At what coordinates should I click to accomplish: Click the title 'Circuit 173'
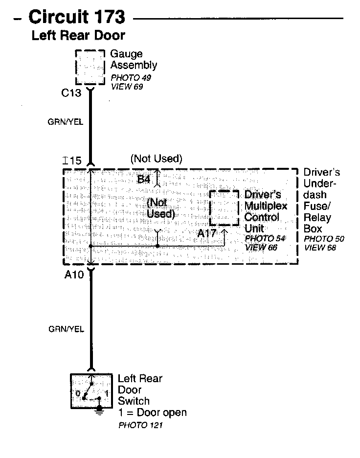pyautogui.click(x=77, y=17)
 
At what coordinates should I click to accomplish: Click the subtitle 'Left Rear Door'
pyautogui.click(x=78, y=35)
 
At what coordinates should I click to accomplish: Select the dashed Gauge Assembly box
pyautogui.click(x=90, y=67)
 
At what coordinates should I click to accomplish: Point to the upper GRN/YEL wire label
pyautogui.click(x=66, y=122)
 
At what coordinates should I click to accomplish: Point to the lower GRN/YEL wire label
pyautogui.click(x=66, y=329)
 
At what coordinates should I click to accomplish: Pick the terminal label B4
pyautogui.click(x=143, y=179)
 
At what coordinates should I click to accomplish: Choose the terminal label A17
pyautogui.click(x=207, y=234)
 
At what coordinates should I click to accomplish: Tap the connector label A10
pyautogui.click(x=74, y=275)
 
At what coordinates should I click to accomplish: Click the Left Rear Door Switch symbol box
pyautogui.click(x=91, y=391)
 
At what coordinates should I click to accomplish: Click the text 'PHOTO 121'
pyautogui.click(x=140, y=425)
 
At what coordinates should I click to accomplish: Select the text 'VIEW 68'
pyautogui.click(x=320, y=248)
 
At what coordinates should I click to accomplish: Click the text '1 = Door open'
pyautogui.click(x=152, y=412)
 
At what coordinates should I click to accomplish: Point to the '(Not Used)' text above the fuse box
pyautogui.click(x=156, y=159)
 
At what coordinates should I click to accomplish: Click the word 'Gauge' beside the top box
pyautogui.click(x=126, y=54)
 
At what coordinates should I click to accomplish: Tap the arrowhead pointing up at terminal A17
pyautogui.click(x=225, y=230)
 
